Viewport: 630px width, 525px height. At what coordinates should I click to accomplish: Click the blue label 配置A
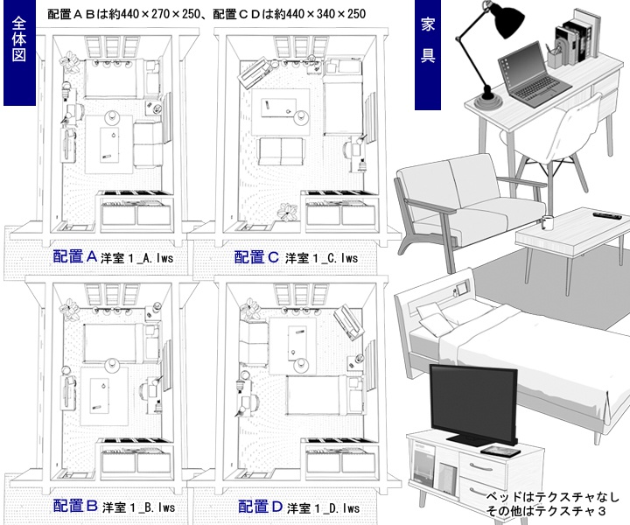pyautogui.click(x=73, y=256)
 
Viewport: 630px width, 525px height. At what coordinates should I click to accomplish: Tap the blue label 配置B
pyautogui.click(x=73, y=505)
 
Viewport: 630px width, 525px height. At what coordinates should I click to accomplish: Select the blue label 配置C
pyautogui.click(x=256, y=256)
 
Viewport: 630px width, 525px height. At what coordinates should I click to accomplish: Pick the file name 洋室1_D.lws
pyautogui.click(x=324, y=507)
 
